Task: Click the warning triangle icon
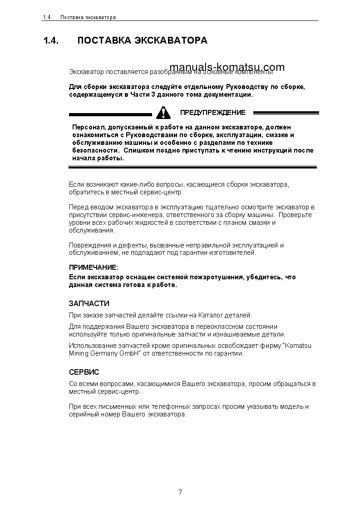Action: pyautogui.click(x=161, y=112)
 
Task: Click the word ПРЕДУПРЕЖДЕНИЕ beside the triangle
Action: pyautogui.click(x=212, y=113)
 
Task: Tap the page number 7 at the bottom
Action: pyautogui.click(x=180, y=492)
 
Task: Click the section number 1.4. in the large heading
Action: pyautogui.click(x=51, y=41)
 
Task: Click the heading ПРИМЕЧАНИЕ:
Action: pyautogui.click(x=93, y=268)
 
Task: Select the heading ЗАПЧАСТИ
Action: pyautogui.click(x=89, y=303)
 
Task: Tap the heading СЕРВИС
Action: pyautogui.click(x=84, y=372)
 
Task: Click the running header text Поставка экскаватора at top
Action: pyautogui.click(x=88, y=17)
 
